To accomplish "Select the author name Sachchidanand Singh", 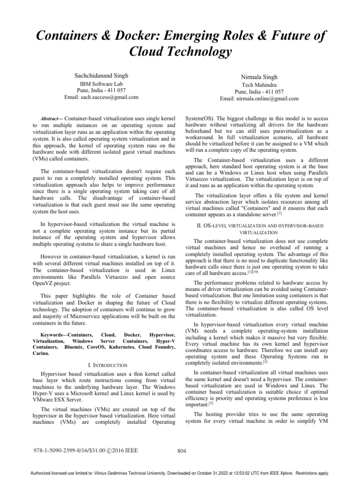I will (x=101, y=75).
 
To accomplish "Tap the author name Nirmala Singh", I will (x=259, y=76).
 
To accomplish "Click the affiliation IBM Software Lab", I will (x=101, y=83).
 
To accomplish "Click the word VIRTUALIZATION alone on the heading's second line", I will (x=259, y=232).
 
